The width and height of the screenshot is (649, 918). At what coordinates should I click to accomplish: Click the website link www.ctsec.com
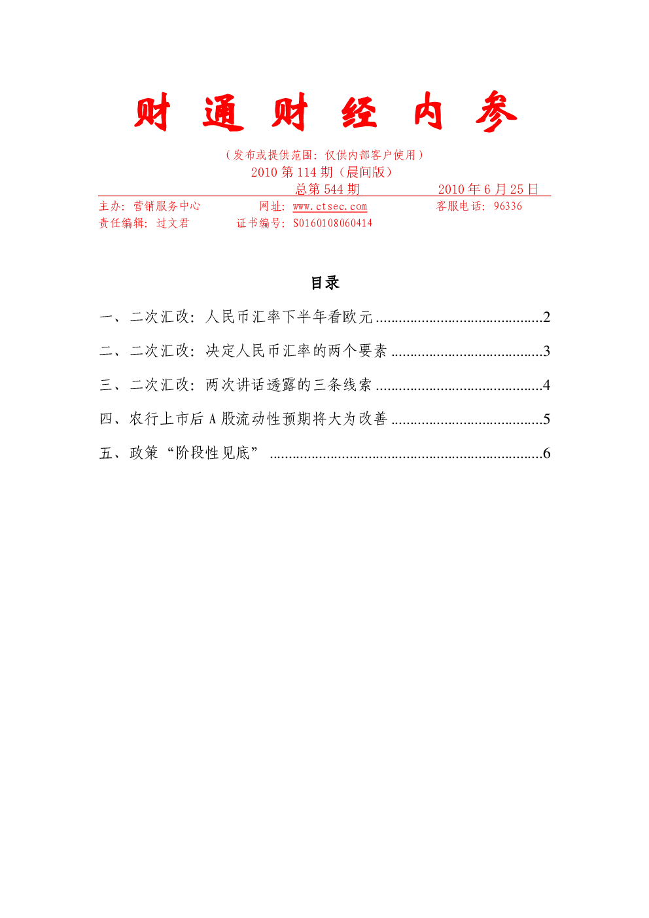[330, 206]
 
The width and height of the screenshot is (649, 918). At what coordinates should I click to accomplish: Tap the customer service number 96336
[508, 205]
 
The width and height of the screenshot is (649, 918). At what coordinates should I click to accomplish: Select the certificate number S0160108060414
[332, 223]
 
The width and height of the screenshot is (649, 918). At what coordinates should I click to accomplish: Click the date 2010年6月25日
[487, 189]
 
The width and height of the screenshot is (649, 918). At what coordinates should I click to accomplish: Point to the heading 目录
[325, 283]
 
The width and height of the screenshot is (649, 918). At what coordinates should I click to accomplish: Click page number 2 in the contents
[546, 317]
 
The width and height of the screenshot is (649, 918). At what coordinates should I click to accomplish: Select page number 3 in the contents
[546, 351]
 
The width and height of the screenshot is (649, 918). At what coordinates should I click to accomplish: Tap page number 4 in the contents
[546, 385]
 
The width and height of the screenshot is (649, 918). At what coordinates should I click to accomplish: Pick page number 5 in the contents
[546, 419]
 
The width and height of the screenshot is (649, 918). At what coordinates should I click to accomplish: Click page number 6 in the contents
[546, 453]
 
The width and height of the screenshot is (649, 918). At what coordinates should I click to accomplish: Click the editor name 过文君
[173, 223]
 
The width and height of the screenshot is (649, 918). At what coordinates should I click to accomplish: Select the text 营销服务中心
[167, 205]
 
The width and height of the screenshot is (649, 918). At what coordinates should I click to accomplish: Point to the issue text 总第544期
[327, 189]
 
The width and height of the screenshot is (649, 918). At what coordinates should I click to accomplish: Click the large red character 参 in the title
[496, 111]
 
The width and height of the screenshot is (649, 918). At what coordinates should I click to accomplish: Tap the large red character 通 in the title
[223, 113]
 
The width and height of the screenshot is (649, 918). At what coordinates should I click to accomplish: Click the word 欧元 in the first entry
[358, 317]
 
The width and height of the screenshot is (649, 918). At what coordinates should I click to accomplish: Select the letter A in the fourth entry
[212, 419]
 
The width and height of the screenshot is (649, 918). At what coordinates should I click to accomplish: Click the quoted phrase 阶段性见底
[213, 453]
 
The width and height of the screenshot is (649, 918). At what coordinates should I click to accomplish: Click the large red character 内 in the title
[428, 111]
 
